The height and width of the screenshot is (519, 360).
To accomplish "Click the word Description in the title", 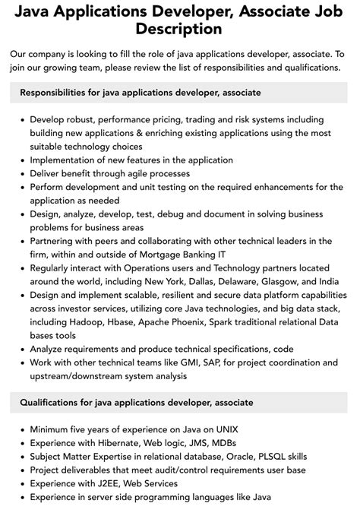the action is (x=180, y=30).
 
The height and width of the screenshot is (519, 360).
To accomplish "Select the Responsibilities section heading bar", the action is (x=180, y=92).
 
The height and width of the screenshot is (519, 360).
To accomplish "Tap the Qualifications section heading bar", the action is (x=180, y=402).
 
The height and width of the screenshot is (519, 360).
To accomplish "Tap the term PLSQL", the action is (x=283, y=457).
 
